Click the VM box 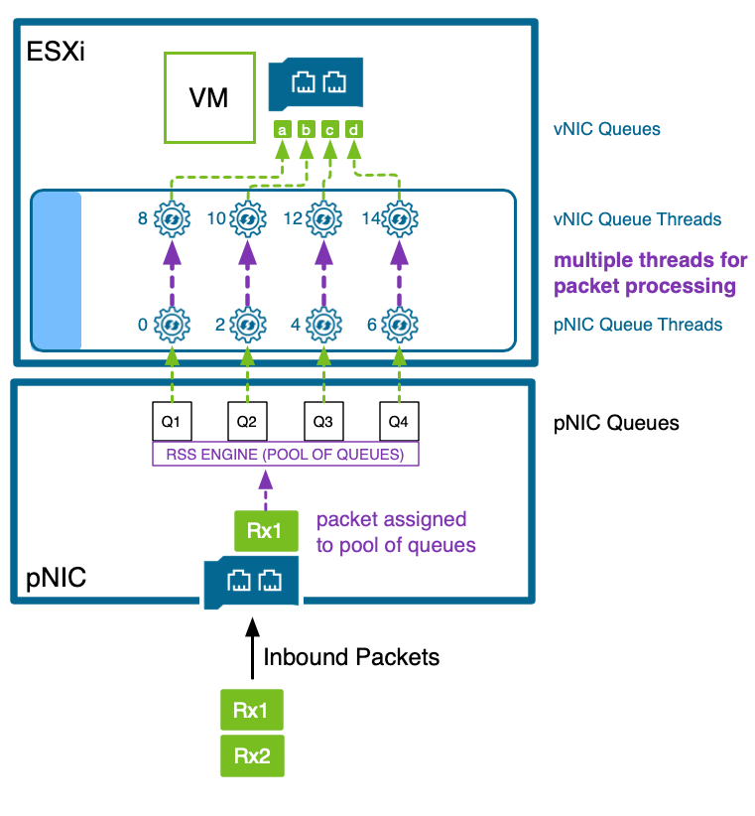[x=208, y=97]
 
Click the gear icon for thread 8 [x=172, y=218]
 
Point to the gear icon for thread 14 [x=399, y=218]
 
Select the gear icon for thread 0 [x=172, y=324]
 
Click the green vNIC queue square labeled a [x=282, y=129]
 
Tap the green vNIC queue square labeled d [x=354, y=129]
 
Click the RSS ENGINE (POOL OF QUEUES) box [x=285, y=455]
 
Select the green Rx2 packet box [x=252, y=756]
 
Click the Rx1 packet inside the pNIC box [x=265, y=531]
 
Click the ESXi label [x=56, y=52]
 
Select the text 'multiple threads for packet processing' [x=650, y=273]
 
